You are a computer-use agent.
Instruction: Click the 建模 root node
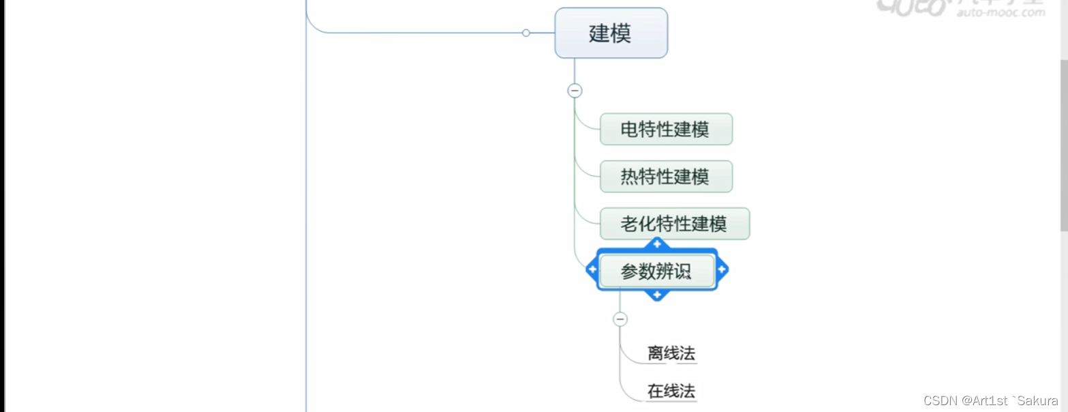611,33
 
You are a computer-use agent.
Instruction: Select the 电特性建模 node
665,130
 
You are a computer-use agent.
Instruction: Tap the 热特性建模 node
665,177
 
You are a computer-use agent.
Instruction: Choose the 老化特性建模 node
674,224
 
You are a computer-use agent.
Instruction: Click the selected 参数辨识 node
656,271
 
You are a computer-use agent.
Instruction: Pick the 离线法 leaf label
671,353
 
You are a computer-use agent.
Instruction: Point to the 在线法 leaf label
671,392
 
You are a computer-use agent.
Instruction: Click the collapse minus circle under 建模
575,90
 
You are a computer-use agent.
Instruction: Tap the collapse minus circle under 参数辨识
620,319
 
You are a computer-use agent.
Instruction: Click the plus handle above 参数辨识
657,244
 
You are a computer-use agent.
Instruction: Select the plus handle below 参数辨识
657,295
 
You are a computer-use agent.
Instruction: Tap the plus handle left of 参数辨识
592,270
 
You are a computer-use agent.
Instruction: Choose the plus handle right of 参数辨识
722,270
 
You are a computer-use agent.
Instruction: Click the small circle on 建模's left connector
525,33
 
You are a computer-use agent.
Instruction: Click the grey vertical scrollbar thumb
1063,143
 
